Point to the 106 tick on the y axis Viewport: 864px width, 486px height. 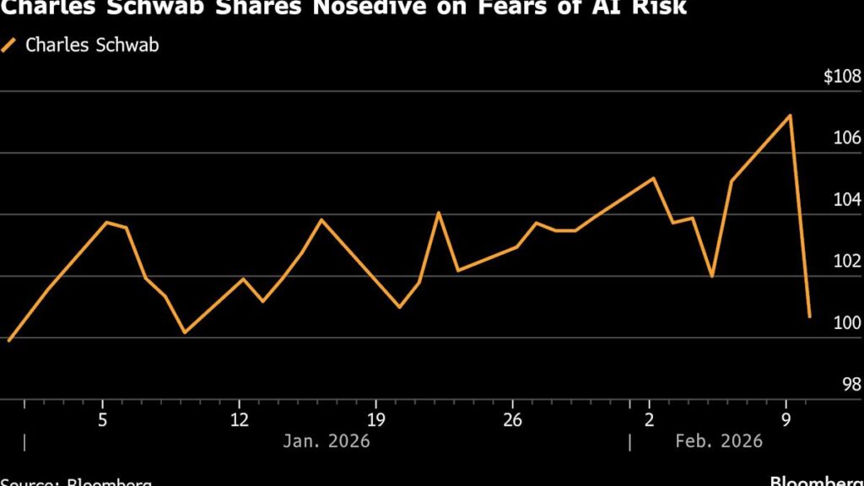(846, 138)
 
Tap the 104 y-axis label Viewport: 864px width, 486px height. (846, 200)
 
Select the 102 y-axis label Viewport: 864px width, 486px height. (846, 262)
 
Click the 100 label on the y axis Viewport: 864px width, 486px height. (846, 323)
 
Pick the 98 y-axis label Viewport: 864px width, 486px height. (850, 384)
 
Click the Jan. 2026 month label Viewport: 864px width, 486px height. (327, 440)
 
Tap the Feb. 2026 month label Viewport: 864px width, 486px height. (720, 440)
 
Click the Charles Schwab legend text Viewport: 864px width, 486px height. (92, 45)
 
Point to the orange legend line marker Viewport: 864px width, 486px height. (10, 45)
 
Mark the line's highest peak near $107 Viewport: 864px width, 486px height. (790, 116)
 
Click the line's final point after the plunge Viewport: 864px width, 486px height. (810, 317)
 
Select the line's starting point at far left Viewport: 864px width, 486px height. (8, 341)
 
